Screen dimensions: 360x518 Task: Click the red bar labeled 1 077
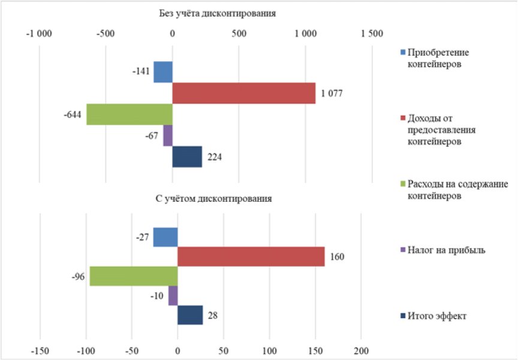[x=243, y=93]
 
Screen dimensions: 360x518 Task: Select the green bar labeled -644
[x=129, y=114]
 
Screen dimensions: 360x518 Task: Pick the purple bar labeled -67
[x=168, y=135]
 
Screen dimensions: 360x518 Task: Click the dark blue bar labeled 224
[x=187, y=157]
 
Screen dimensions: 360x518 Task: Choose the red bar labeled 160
[x=251, y=257]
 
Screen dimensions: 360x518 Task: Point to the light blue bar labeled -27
[x=165, y=237]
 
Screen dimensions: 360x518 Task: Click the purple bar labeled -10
[x=173, y=296]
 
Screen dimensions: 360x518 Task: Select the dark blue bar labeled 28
[x=190, y=315]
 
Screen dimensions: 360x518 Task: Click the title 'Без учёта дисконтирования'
[x=217, y=13]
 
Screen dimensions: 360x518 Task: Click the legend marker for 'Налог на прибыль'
[x=403, y=250]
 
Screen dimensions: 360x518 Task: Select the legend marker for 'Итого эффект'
[x=403, y=316]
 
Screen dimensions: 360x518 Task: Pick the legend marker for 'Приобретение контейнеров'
[x=403, y=52]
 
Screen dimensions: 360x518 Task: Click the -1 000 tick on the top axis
[x=40, y=34]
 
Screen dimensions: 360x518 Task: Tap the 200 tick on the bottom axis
[x=361, y=349]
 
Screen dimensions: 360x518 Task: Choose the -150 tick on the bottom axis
[x=40, y=349]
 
